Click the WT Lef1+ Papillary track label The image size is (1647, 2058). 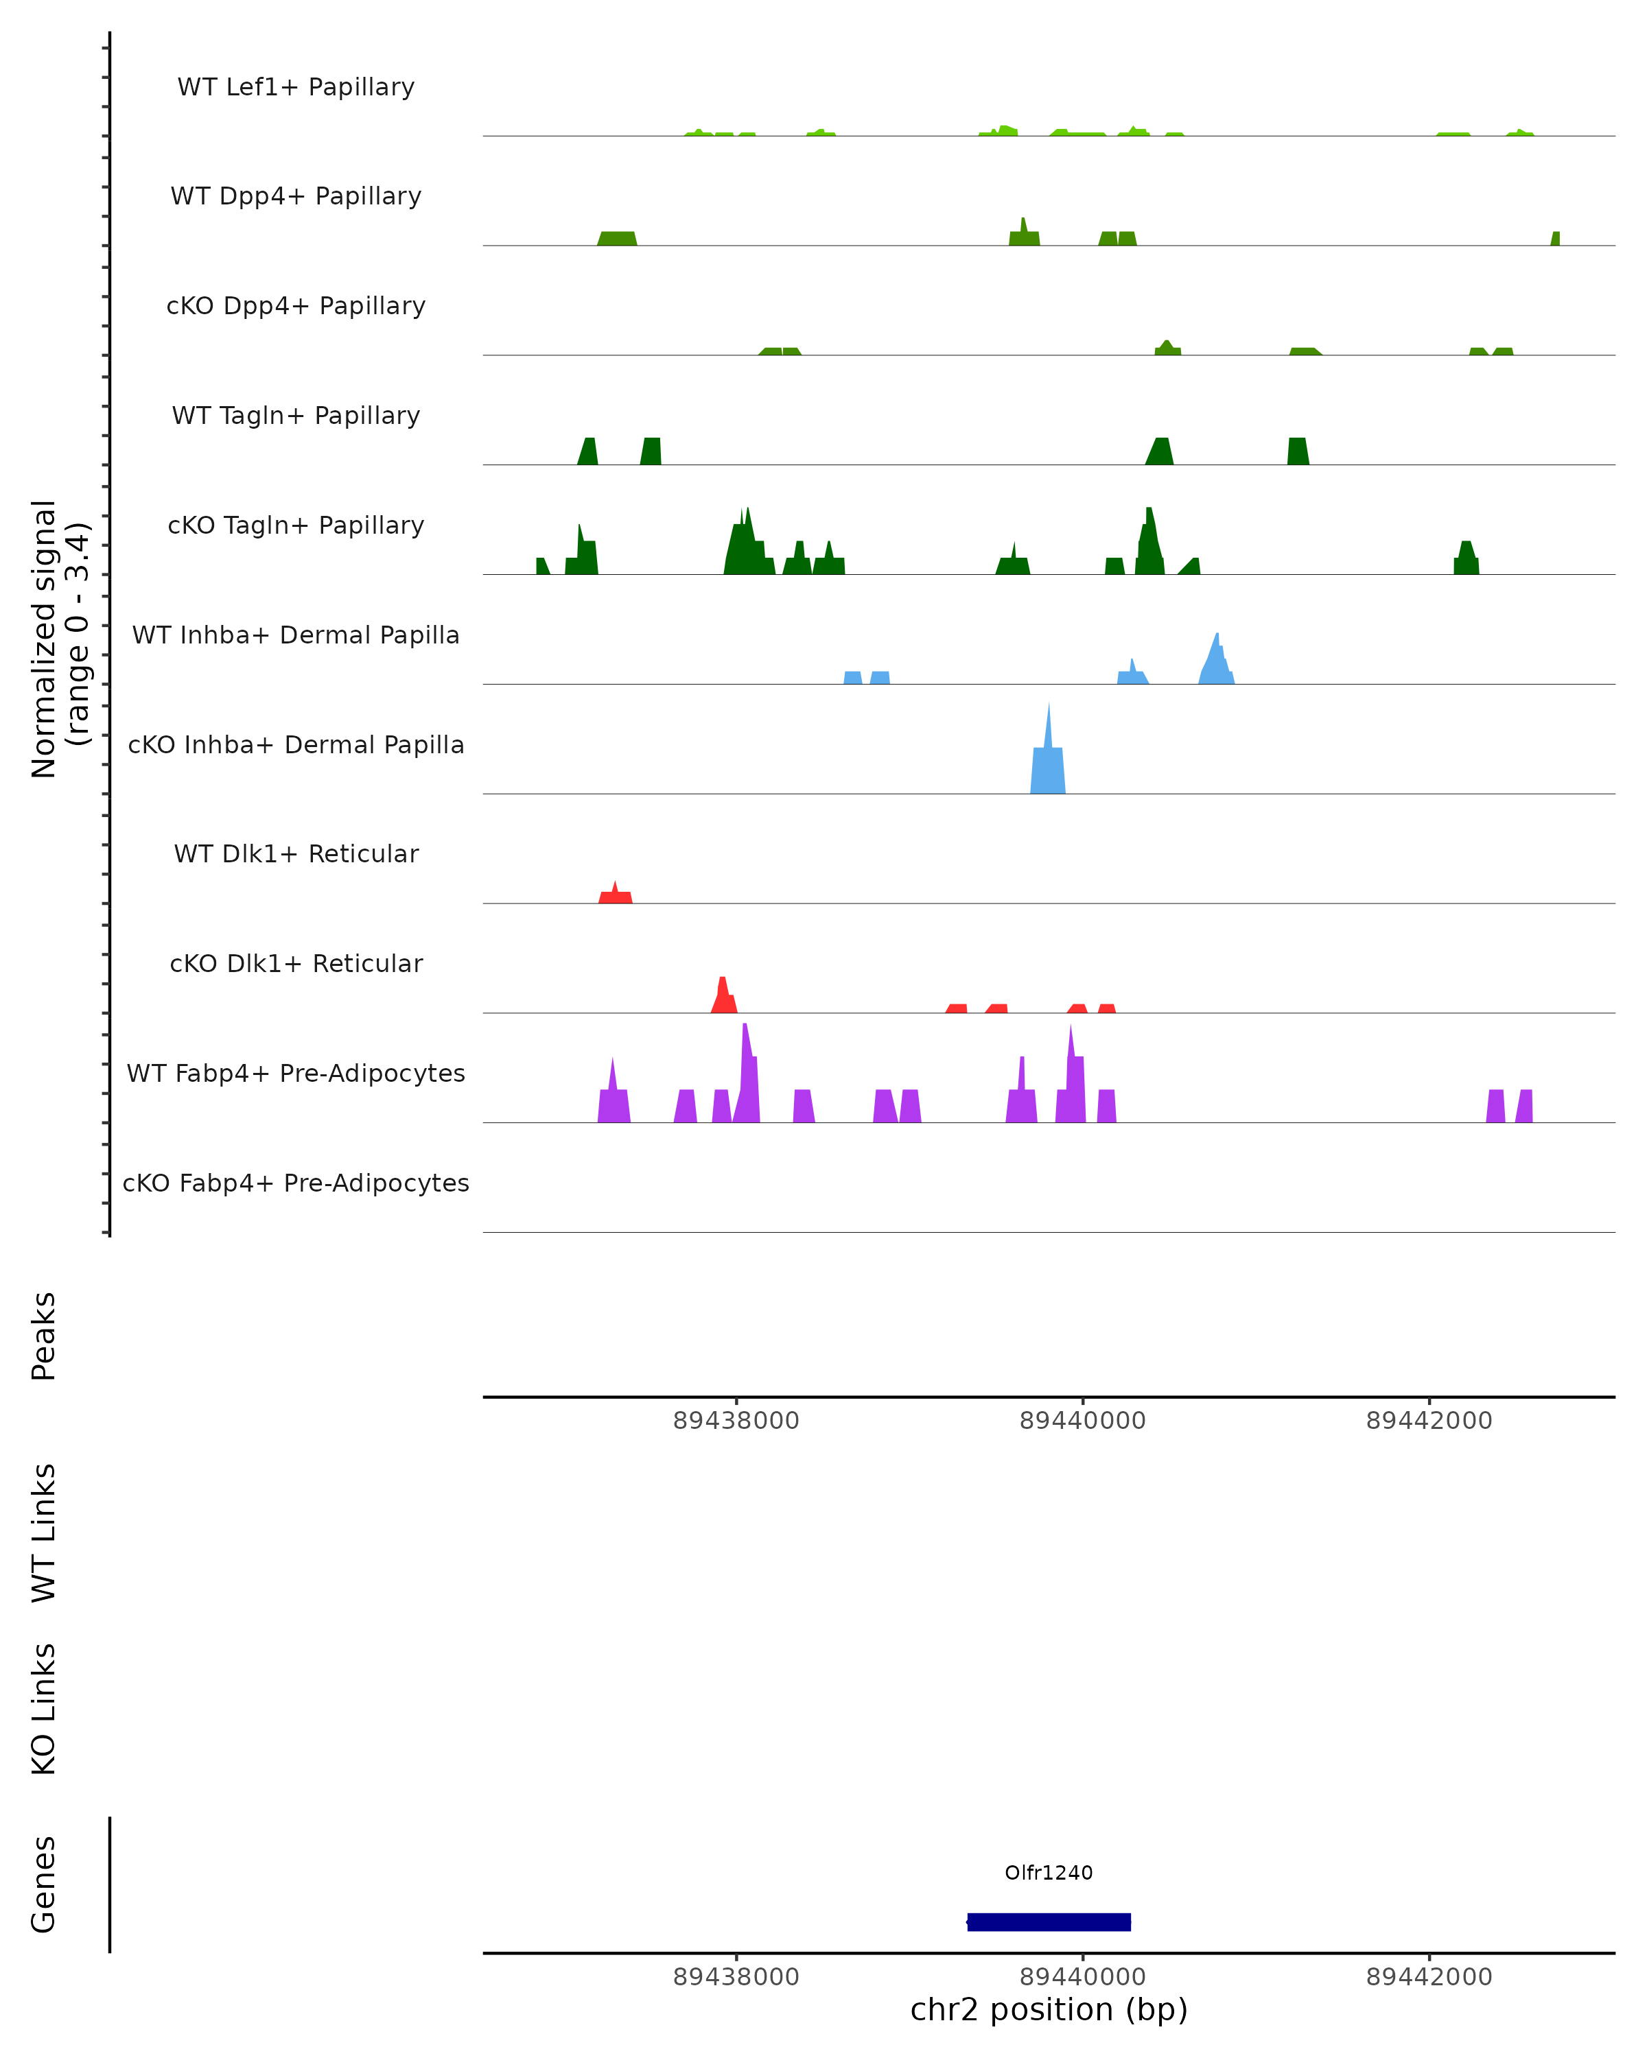point(296,87)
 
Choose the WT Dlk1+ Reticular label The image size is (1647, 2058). point(296,853)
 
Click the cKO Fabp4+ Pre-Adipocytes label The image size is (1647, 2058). point(296,1183)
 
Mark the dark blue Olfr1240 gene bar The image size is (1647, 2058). point(1049,1921)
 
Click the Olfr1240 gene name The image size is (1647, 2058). point(1049,1873)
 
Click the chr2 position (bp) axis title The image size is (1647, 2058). point(1049,2009)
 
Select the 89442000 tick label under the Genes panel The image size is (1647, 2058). point(1428,1977)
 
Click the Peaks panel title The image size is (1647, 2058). point(44,1336)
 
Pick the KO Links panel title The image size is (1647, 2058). point(44,1709)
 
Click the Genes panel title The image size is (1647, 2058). point(44,1884)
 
